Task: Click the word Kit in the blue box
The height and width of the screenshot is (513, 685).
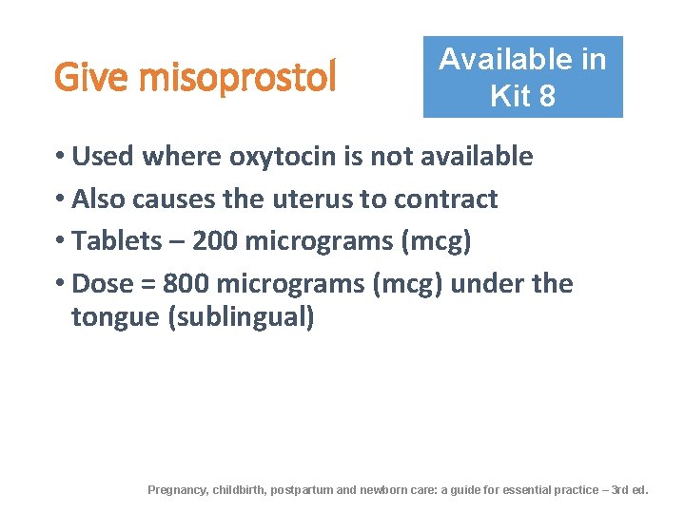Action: tap(510, 96)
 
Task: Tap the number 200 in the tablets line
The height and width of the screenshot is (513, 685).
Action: tap(215, 241)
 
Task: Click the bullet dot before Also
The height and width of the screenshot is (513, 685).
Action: tap(59, 199)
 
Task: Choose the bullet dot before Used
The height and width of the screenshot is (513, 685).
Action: tap(59, 157)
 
